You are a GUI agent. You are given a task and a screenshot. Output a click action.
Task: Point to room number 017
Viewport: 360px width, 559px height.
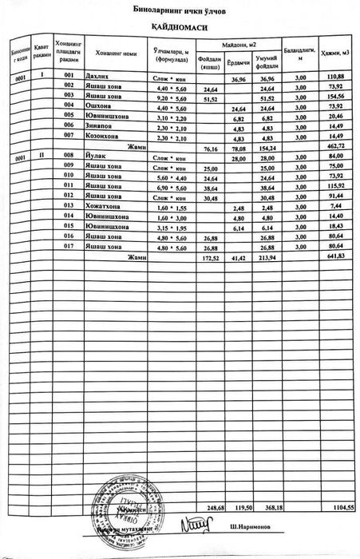[69, 247]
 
